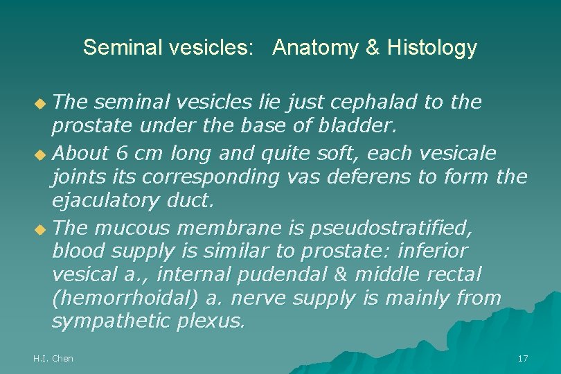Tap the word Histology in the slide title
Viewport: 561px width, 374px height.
(x=432, y=48)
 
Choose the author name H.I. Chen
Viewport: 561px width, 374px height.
(x=53, y=358)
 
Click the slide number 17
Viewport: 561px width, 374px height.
(x=523, y=358)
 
